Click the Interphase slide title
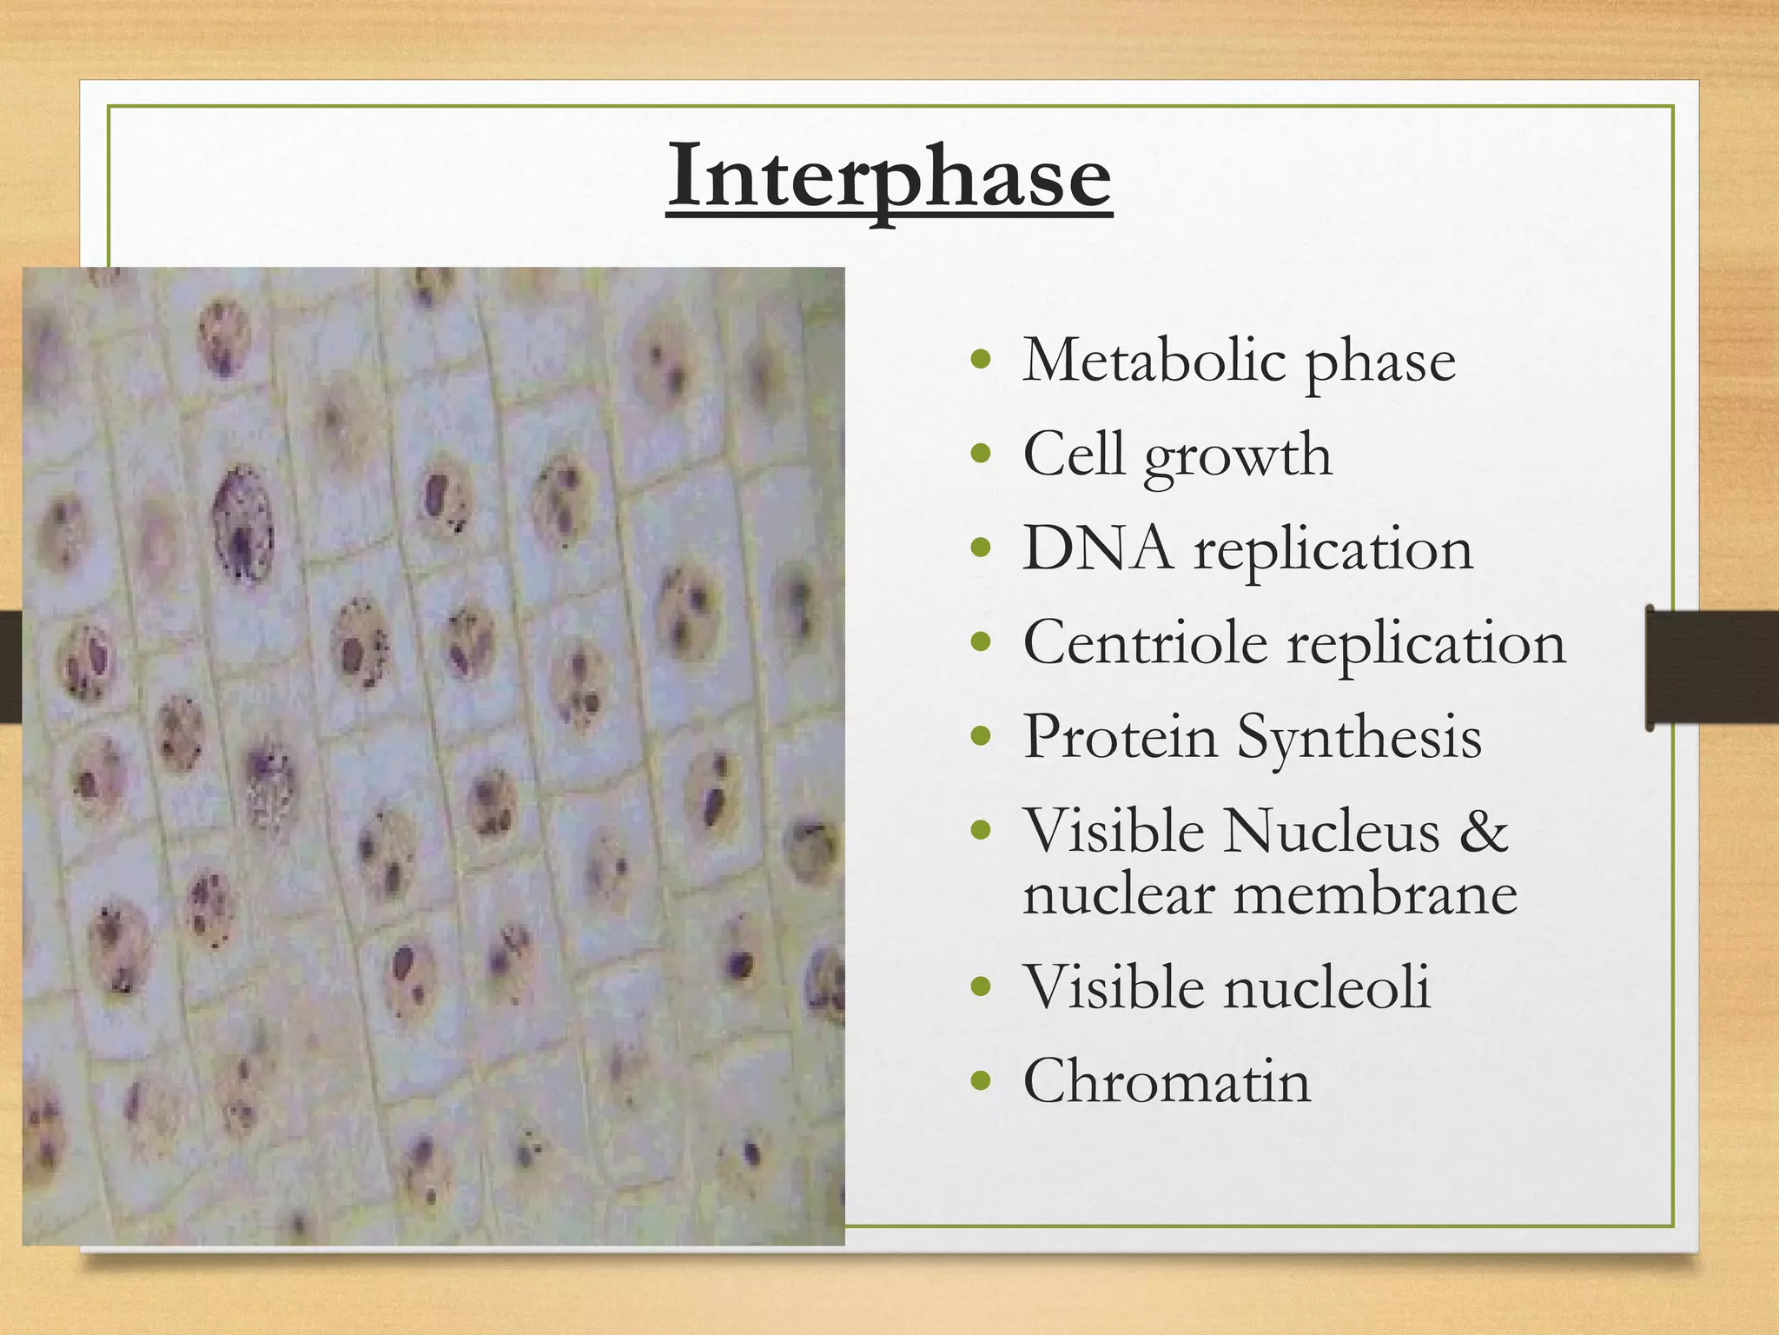[x=889, y=177]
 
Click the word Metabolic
[x=1153, y=360]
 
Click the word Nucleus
[x=1332, y=830]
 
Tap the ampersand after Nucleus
[x=1484, y=830]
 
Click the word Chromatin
[x=1167, y=1081]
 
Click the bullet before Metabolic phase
[x=981, y=361]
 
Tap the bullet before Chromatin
[x=981, y=1082]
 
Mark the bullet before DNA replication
[x=981, y=549]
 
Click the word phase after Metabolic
[x=1380, y=362]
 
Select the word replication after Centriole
[x=1426, y=644]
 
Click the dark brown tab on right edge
[x=1711, y=667]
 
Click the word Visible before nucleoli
[x=1114, y=987]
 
